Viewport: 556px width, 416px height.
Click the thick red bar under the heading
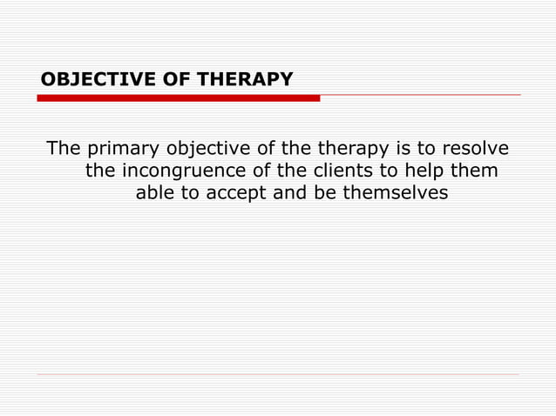(178, 98)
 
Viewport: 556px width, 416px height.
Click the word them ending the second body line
(475, 171)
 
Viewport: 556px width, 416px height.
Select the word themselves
(395, 194)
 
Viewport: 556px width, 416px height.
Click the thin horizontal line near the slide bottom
(278, 375)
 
